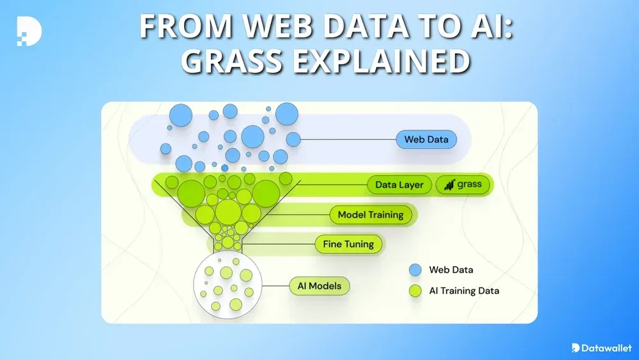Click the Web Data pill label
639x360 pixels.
point(426,139)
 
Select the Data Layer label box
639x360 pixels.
point(399,185)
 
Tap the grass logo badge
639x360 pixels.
point(463,185)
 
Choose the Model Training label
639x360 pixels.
point(371,215)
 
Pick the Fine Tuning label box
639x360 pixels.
point(348,244)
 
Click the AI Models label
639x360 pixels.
point(319,286)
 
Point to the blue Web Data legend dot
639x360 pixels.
point(415,270)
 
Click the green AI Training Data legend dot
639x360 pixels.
point(415,291)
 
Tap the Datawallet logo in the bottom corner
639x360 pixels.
point(601,348)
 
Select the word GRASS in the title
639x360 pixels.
point(233,62)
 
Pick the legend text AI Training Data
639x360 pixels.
point(464,291)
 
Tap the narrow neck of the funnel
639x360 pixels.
point(227,243)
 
